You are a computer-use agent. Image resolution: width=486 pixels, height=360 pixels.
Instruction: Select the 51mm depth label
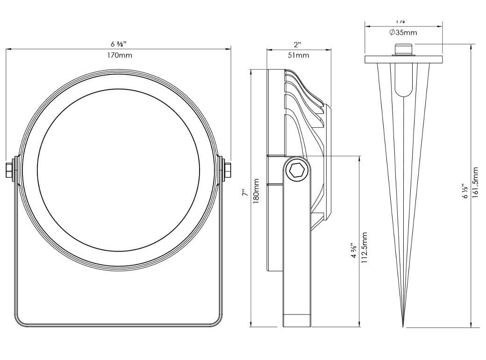pos(298,55)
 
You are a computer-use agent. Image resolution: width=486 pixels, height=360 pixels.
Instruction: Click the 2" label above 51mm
pos(298,45)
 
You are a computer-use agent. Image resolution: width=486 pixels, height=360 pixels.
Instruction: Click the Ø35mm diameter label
pos(403,33)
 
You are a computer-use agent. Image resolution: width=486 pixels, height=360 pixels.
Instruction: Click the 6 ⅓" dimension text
pos(465,191)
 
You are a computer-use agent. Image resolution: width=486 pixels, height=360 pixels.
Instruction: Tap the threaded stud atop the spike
pos(403,50)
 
